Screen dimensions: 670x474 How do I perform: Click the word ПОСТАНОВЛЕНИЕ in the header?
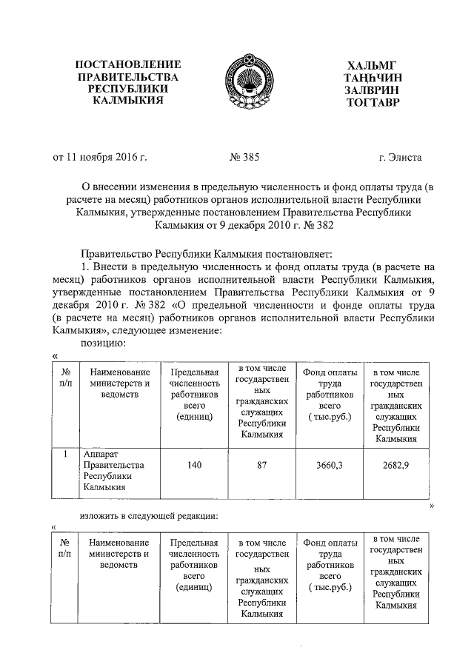point(129,64)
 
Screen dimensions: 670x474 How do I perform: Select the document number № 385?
point(243,158)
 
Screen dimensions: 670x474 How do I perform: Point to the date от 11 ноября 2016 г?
point(99,158)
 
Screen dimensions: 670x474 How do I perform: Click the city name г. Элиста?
point(399,158)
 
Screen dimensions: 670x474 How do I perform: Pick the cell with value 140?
point(195,464)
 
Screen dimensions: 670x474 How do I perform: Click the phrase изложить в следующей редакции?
point(149,515)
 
